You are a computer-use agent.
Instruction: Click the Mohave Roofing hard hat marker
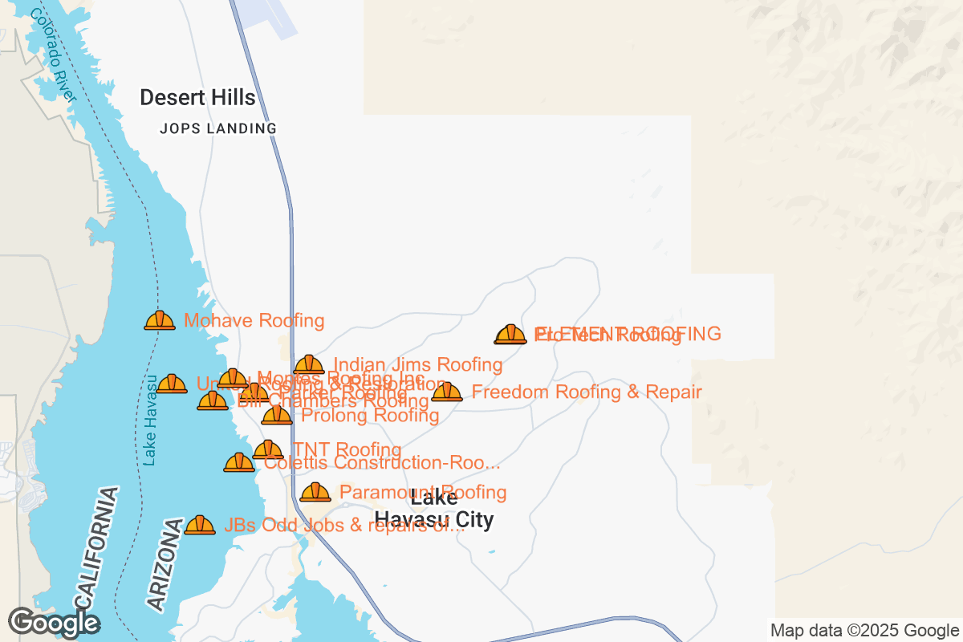[x=160, y=320]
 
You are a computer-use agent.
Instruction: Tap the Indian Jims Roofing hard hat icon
[x=309, y=365]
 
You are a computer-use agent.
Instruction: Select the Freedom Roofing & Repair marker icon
[x=447, y=392]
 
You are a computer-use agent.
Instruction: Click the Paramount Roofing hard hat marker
[x=315, y=492]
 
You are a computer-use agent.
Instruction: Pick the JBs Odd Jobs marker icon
[x=200, y=525]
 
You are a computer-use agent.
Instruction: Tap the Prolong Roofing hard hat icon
[x=277, y=415]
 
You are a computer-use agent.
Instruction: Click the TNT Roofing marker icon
[x=268, y=449]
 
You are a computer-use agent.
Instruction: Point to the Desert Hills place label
[x=197, y=98]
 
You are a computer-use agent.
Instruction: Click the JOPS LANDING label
[x=218, y=128]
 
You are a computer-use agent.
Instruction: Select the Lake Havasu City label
[x=434, y=509]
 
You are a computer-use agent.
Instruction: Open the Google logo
[x=54, y=622]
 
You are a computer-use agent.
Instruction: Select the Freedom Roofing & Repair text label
[x=587, y=392]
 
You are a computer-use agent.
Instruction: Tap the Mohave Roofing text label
[x=254, y=321]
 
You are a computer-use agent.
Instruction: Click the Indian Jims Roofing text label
[x=418, y=365]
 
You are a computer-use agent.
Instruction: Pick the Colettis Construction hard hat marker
[x=239, y=462]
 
